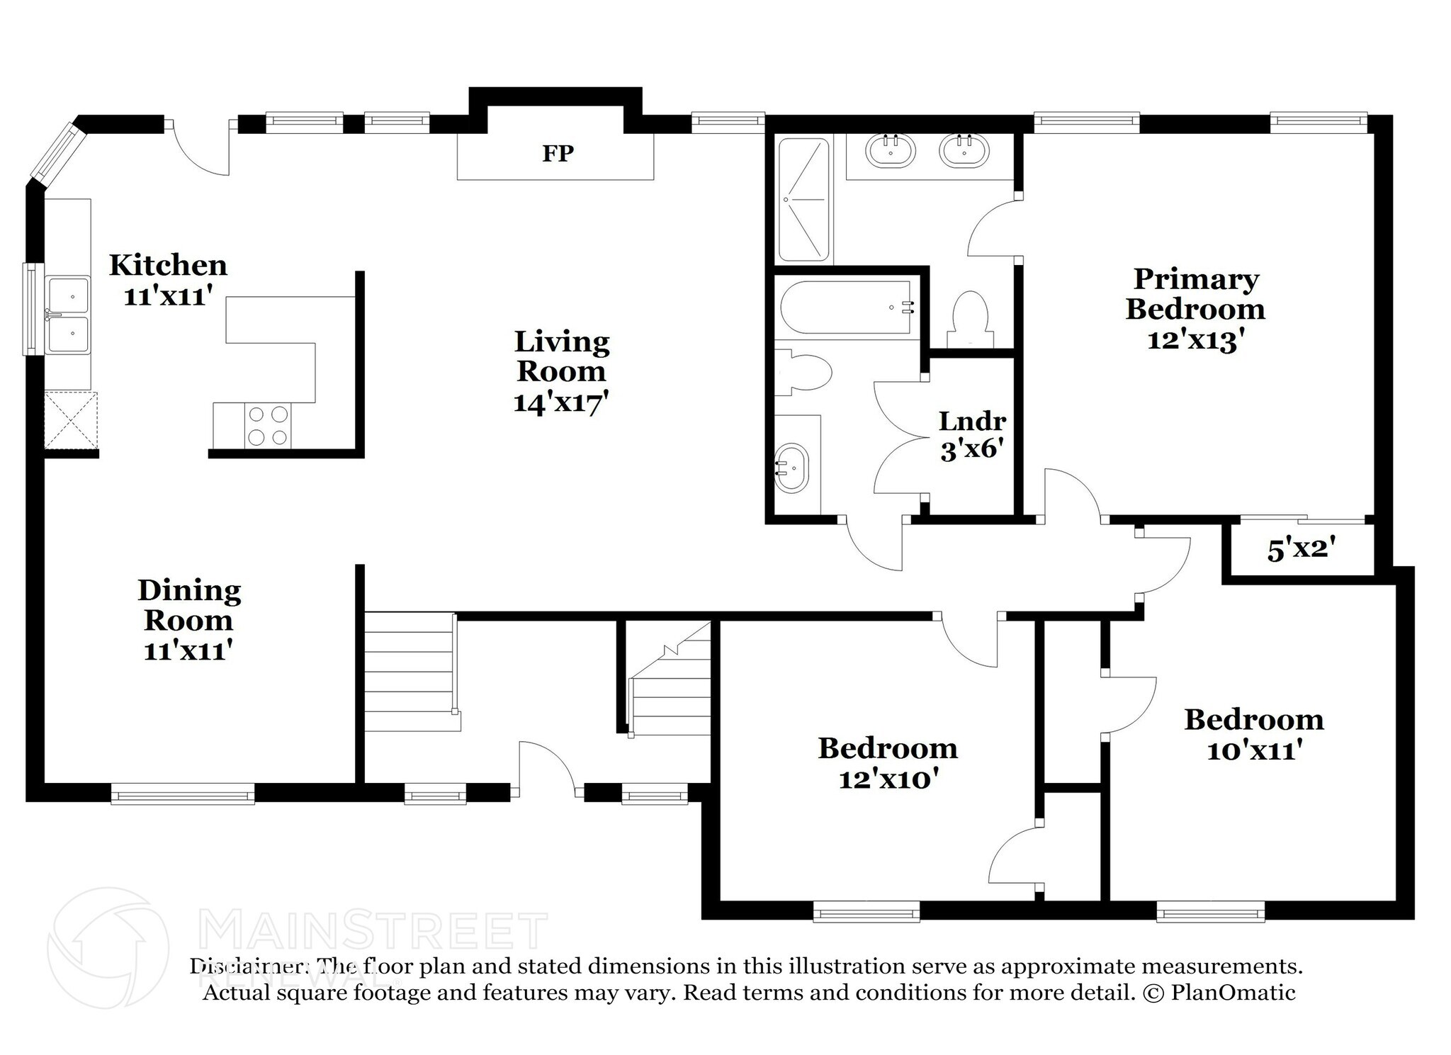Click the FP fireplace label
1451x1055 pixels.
click(x=558, y=153)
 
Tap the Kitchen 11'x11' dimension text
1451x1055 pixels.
click(x=168, y=296)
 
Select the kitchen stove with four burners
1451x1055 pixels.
click(x=269, y=425)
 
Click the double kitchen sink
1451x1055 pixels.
click(x=69, y=315)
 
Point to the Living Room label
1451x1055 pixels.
click(x=562, y=356)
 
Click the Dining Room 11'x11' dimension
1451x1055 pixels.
click(x=188, y=650)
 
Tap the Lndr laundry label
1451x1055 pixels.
click(x=972, y=422)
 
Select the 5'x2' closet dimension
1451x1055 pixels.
click(x=1302, y=549)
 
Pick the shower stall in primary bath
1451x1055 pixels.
click(x=804, y=200)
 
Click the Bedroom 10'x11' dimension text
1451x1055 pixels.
click(x=1254, y=750)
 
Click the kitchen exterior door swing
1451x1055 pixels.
click(x=201, y=149)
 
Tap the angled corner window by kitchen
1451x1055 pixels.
click(x=56, y=151)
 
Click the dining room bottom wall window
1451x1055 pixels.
click(x=183, y=794)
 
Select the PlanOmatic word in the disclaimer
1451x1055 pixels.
click(x=1233, y=993)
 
